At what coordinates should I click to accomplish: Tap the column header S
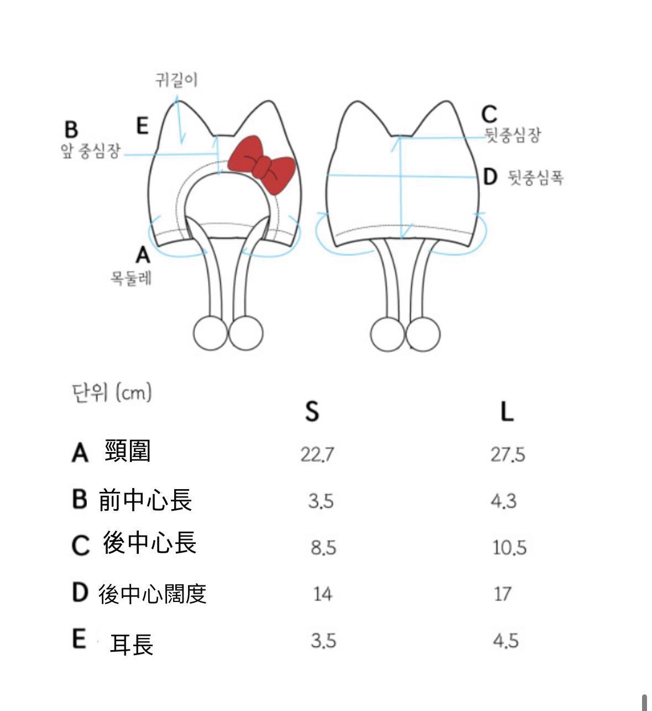(312, 411)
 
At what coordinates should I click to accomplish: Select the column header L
(507, 411)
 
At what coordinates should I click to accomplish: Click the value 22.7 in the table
(317, 454)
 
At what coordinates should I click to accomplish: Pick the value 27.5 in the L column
(508, 454)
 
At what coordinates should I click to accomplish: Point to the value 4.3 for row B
(503, 501)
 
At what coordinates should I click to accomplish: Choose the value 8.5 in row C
(323, 548)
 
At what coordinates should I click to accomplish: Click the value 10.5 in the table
(509, 548)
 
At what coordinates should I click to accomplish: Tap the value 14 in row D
(322, 594)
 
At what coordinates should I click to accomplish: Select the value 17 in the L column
(502, 594)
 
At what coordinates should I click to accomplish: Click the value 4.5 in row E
(505, 641)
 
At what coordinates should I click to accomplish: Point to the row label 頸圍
(127, 451)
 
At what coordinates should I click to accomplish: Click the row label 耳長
(132, 644)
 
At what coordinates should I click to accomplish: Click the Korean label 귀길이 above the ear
(176, 80)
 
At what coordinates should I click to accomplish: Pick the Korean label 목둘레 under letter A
(131, 278)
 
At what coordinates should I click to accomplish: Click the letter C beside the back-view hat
(489, 115)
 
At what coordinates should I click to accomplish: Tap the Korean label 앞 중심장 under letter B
(90, 151)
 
